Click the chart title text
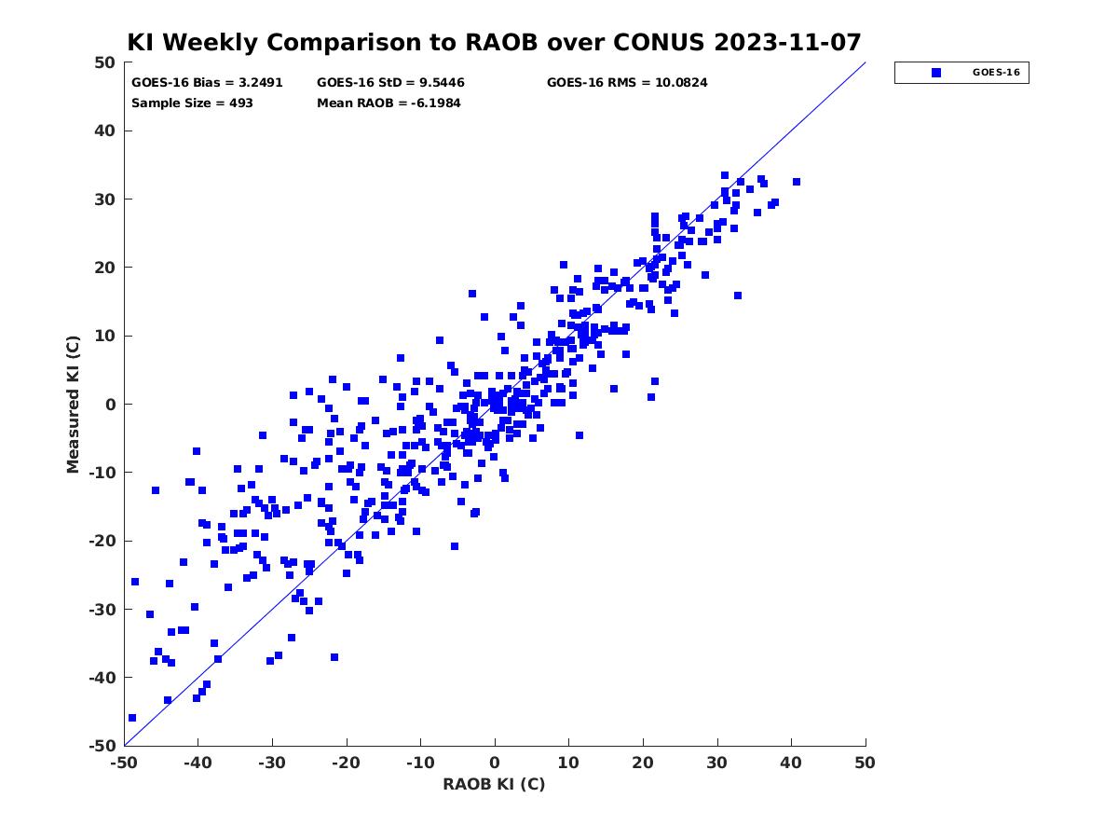(494, 42)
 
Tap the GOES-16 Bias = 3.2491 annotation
(207, 83)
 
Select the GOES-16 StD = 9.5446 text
(390, 83)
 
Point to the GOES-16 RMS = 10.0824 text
(627, 83)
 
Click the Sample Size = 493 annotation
(192, 103)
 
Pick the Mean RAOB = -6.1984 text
(389, 103)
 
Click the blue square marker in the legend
(936, 73)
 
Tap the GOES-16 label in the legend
(996, 73)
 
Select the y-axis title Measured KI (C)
(73, 404)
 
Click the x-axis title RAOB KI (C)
(494, 783)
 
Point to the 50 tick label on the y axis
(105, 62)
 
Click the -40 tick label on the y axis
(102, 678)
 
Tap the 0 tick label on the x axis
(495, 763)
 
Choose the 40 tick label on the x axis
(791, 763)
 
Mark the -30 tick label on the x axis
(272, 763)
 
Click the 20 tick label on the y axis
(105, 268)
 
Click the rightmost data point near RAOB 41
(797, 182)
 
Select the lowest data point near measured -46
(132, 718)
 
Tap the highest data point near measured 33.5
(725, 175)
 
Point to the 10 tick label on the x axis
(568, 763)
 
